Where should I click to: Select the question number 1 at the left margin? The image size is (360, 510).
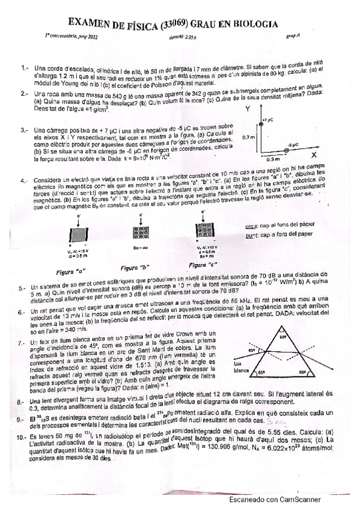point(24,68)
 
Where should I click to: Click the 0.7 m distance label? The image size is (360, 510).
point(248,137)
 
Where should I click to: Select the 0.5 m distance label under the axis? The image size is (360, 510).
point(273,159)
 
